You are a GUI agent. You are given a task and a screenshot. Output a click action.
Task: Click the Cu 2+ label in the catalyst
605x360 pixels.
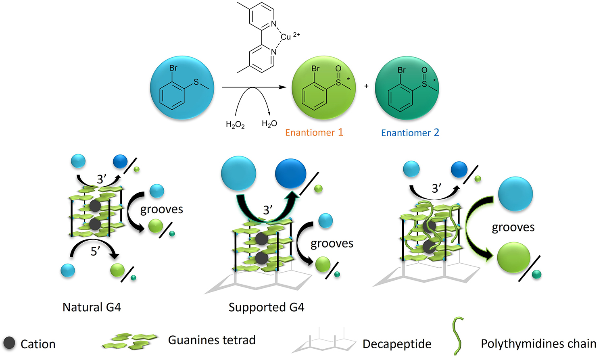(289, 37)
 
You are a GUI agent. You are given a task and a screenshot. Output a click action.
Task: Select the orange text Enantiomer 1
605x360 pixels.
(314, 133)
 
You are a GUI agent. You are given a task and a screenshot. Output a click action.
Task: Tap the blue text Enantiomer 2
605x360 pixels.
(410, 133)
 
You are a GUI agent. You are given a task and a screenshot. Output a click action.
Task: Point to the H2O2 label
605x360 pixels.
(235, 125)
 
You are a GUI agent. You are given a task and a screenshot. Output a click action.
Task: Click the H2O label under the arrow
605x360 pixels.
(269, 124)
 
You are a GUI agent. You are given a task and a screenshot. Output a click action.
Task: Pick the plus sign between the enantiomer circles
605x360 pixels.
(366, 86)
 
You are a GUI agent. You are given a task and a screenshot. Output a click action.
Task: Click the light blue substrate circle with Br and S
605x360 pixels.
(182, 87)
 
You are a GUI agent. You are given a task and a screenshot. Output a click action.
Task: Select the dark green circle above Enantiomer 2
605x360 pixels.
(407, 88)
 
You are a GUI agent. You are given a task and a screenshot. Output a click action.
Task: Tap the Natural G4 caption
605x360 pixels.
(92, 307)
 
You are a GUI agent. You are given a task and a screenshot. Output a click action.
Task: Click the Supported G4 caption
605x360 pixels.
(266, 307)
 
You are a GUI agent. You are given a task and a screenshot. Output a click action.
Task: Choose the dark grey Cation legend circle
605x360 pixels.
(9, 343)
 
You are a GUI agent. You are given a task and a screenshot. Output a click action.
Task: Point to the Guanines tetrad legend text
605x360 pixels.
(212, 340)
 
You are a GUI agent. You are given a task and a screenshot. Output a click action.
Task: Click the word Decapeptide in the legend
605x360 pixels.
(397, 344)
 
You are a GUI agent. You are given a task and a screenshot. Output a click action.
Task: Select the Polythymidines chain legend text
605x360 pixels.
(538, 343)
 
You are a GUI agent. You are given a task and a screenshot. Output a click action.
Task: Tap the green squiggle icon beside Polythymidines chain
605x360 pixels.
(458, 335)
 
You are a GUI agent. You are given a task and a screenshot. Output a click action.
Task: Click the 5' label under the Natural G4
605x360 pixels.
(95, 251)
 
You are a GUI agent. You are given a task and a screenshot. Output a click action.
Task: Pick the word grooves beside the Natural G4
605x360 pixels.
(161, 209)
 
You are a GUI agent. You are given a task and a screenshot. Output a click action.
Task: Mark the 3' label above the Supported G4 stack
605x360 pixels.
(267, 210)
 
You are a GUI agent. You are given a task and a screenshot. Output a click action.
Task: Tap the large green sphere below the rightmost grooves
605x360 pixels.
(513, 258)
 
